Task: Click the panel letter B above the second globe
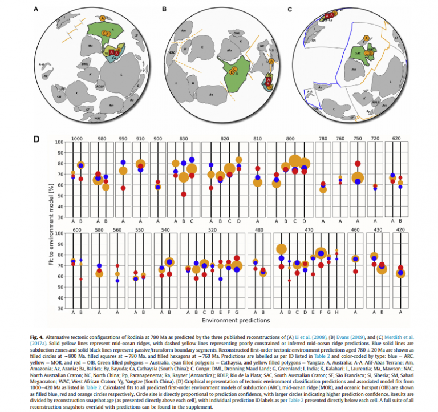[x=164, y=9]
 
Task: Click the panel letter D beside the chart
[x=36, y=139]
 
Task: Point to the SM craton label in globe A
[x=43, y=98]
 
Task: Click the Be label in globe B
[x=211, y=94]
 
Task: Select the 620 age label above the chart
[x=395, y=139]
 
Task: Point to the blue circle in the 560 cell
[x=117, y=281]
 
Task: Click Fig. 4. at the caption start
[x=37, y=337]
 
